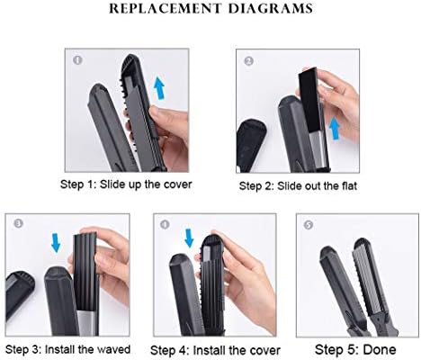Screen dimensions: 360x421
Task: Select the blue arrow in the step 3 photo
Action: pyautogui.click(x=54, y=242)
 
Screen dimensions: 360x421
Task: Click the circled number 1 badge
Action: pyautogui.click(x=77, y=62)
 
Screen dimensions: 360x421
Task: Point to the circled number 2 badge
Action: pyautogui.click(x=248, y=62)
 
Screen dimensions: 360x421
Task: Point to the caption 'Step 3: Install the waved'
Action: pyautogui.click(x=67, y=348)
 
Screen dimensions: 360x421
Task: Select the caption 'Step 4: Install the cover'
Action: pyautogui.click(x=216, y=348)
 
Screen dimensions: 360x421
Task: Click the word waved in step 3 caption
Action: pyautogui.click(x=115, y=348)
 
